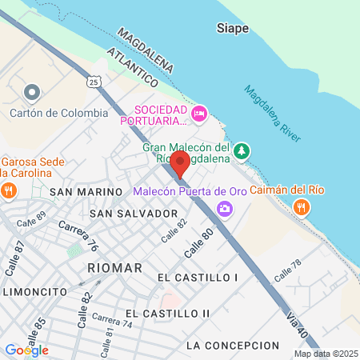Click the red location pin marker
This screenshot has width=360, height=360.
click(x=179, y=163)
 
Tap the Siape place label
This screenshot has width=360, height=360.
click(x=233, y=29)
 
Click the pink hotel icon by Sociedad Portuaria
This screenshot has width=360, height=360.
click(x=199, y=114)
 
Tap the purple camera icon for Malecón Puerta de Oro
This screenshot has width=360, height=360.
click(x=225, y=208)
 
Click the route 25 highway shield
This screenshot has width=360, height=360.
click(x=94, y=82)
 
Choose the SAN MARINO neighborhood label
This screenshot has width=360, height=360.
click(x=78, y=193)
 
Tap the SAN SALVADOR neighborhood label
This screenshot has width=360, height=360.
click(x=134, y=214)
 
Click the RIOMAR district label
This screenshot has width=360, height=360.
click(x=115, y=267)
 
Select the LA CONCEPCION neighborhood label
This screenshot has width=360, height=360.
click(x=232, y=346)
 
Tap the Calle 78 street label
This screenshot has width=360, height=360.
click(x=287, y=270)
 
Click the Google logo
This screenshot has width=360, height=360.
click(x=26, y=350)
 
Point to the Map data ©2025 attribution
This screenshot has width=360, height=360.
click(x=325, y=354)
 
